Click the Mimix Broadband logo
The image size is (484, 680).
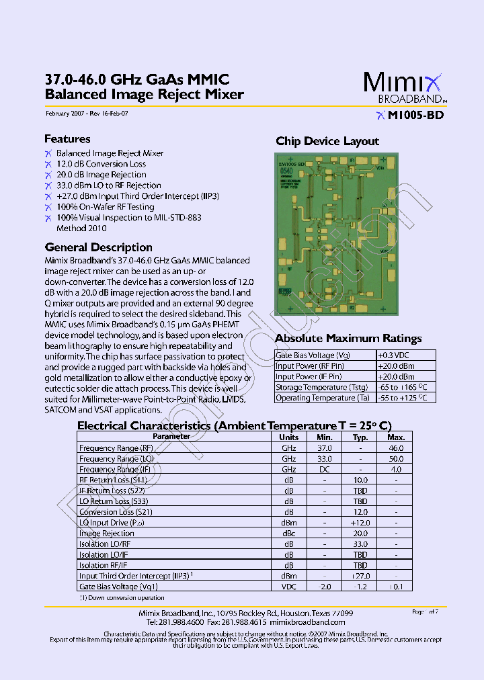tap(404, 87)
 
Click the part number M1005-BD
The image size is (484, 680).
tap(415, 115)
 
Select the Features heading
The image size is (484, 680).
tap(67, 139)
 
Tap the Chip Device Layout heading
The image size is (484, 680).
tap(327, 141)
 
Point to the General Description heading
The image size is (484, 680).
tap(98, 247)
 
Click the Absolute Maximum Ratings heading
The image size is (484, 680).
tap(348, 339)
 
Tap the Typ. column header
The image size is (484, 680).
tap(360, 437)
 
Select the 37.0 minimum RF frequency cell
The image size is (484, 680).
tap(325, 448)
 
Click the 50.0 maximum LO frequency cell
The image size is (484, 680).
tap(396, 459)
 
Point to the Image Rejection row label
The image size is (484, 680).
tap(106, 534)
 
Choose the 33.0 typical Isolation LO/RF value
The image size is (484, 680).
tap(360, 544)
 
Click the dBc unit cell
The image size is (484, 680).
tap(289, 534)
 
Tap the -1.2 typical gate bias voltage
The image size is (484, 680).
tap(360, 587)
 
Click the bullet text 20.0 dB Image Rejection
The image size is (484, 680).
tap(101, 175)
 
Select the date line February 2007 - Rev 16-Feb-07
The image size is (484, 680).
tap(86, 114)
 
